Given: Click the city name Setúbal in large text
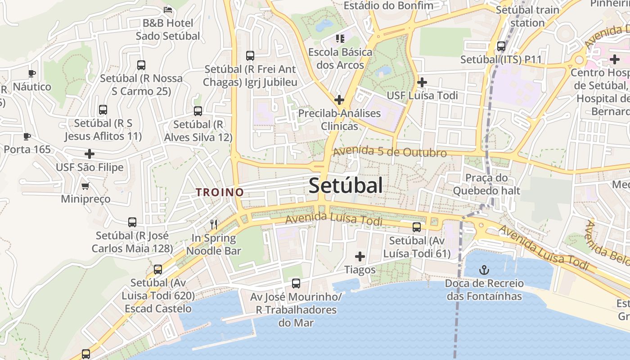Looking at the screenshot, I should pyautogui.click(x=346, y=185).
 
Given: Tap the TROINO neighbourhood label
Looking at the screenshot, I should pyautogui.click(x=220, y=192).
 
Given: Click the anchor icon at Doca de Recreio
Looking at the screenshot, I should pyautogui.click(x=484, y=270).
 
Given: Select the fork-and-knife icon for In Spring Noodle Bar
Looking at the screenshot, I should pyautogui.click(x=214, y=224).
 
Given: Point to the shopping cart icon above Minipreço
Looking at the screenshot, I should pyautogui.click(x=85, y=186).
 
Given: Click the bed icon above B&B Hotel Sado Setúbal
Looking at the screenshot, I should pyautogui.click(x=168, y=9).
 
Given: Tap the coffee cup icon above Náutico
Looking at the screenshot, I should pyautogui.click(x=31, y=73).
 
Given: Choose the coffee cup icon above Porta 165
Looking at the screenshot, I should pyautogui.click(x=27, y=136).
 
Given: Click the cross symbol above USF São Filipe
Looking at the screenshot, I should pyautogui.click(x=90, y=154).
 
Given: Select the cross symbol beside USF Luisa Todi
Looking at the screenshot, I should pyautogui.click(x=422, y=82).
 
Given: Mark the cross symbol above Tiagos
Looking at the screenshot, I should pyautogui.click(x=360, y=256).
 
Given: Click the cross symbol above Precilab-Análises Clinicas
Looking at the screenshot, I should pyautogui.click(x=339, y=99).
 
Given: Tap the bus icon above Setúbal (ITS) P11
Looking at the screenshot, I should pyautogui.click(x=501, y=46).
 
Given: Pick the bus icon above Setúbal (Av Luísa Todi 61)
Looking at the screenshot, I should pyautogui.click(x=417, y=227).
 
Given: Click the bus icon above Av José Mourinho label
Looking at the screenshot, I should pyautogui.click(x=296, y=283).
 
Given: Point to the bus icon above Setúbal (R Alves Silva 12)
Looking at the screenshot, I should pyautogui.click(x=198, y=111).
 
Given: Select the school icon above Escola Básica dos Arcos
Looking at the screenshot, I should pyautogui.click(x=340, y=39).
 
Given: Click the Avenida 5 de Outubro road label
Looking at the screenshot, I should pyautogui.click(x=390, y=152).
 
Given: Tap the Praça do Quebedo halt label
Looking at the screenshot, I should pyautogui.click(x=486, y=184).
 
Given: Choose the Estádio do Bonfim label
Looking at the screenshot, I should pyautogui.click(x=388, y=5).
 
